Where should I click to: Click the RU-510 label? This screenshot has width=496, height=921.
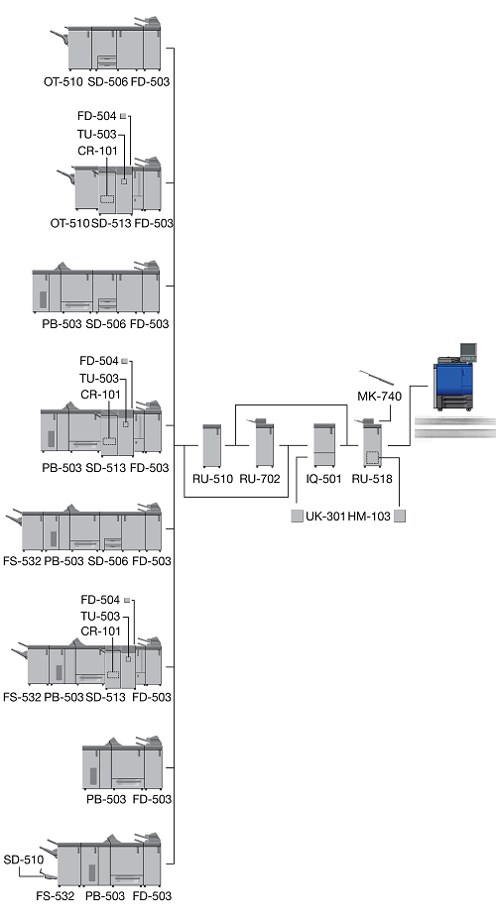pos(212,479)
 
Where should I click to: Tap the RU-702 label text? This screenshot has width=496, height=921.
pos(260,479)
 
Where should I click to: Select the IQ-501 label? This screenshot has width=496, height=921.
pos(323,479)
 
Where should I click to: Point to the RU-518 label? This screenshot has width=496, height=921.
pos(372,479)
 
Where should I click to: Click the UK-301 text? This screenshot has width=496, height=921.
pos(325,517)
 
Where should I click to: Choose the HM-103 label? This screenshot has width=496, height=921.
pos(369,517)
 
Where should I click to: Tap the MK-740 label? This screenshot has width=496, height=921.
pos(380,397)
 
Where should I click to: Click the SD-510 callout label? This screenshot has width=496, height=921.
pos(24,860)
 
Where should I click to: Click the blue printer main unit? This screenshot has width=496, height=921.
pos(453,382)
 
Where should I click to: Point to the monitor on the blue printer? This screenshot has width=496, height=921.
pos(468,350)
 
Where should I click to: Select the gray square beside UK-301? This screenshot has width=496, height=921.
pos(298,517)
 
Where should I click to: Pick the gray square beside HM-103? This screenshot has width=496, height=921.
pos(400,517)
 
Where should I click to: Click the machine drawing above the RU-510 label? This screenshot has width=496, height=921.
pos(211,445)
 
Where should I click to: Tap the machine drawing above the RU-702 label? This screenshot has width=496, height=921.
pos(264,443)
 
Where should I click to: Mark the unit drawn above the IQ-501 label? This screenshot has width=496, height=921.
pos(324,445)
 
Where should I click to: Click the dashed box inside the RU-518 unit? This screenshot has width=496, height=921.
pos(372,457)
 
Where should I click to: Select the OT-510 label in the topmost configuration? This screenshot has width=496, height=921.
pos(63,82)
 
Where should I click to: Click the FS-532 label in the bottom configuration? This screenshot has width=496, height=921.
pos(56,896)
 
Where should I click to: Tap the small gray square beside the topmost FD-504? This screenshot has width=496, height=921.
pos(123,116)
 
